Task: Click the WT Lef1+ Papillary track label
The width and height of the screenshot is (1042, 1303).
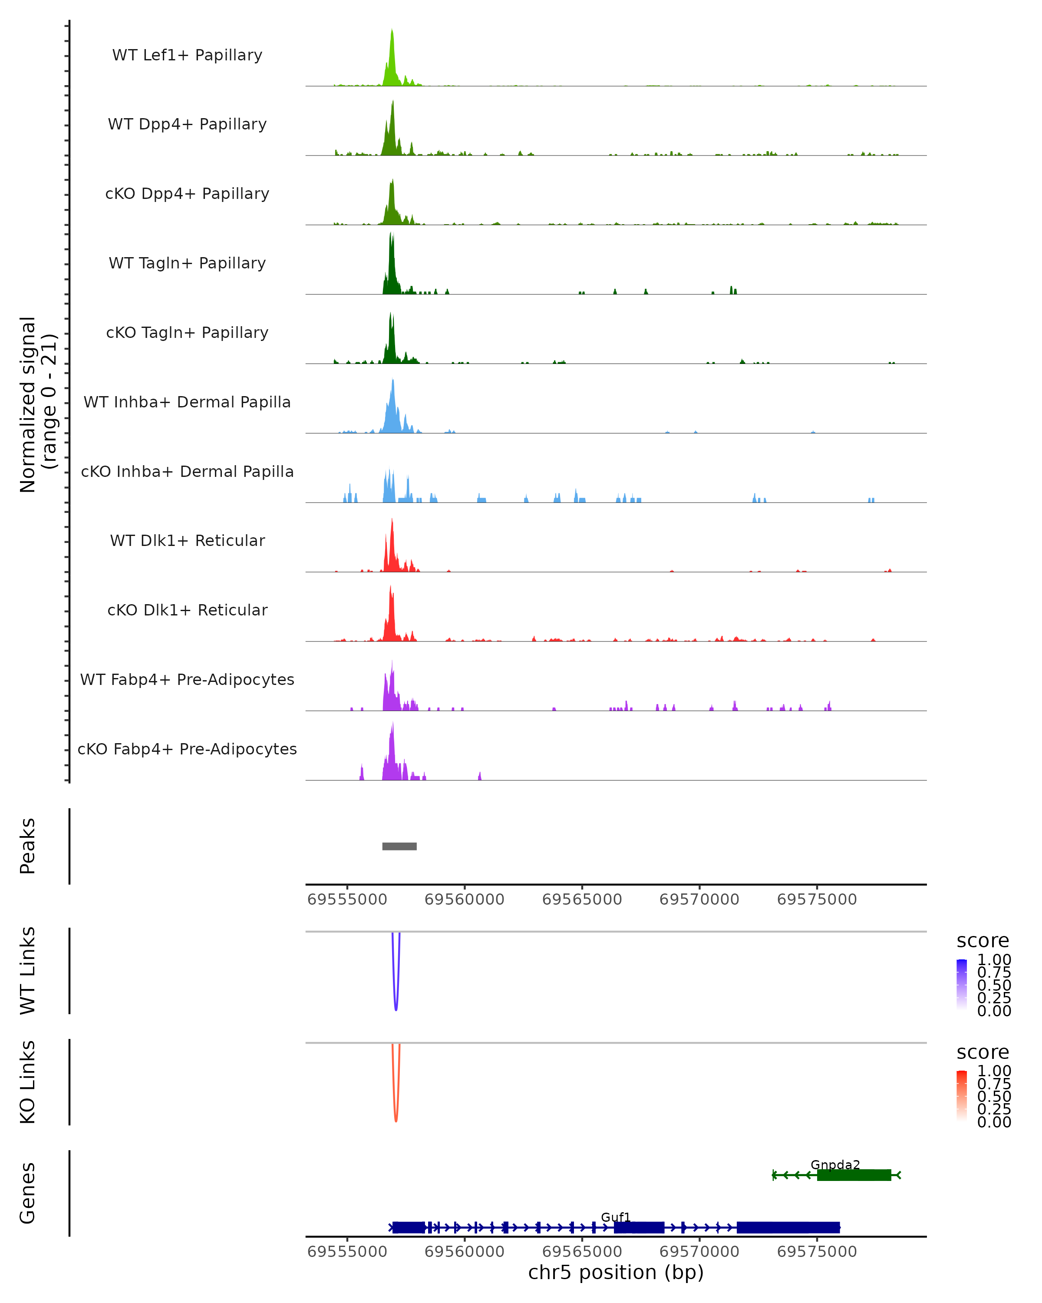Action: tap(187, 55)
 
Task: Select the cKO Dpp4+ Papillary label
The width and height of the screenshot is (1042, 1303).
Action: tap(187, 193)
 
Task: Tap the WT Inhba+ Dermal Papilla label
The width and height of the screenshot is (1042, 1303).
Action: tap(187, 402)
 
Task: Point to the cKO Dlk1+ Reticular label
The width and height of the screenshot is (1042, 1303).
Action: tap(187, 610)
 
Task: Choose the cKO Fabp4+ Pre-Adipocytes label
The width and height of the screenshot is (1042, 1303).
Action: tap(187, 749)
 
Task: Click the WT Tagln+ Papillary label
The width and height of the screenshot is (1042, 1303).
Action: tap(187, 263)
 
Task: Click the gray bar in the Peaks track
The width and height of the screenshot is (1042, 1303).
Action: tap(399, 846)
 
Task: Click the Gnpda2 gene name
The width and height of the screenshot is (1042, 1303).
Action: tap(835, 1164)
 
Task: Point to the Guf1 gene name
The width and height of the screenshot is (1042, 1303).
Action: tap(616, 1217)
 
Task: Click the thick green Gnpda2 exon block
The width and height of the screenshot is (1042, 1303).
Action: tap(854, 1175)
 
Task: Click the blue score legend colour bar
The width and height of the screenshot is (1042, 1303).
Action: tap(962, 984)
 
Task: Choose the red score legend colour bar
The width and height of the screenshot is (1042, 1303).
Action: tap(962, 1095)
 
